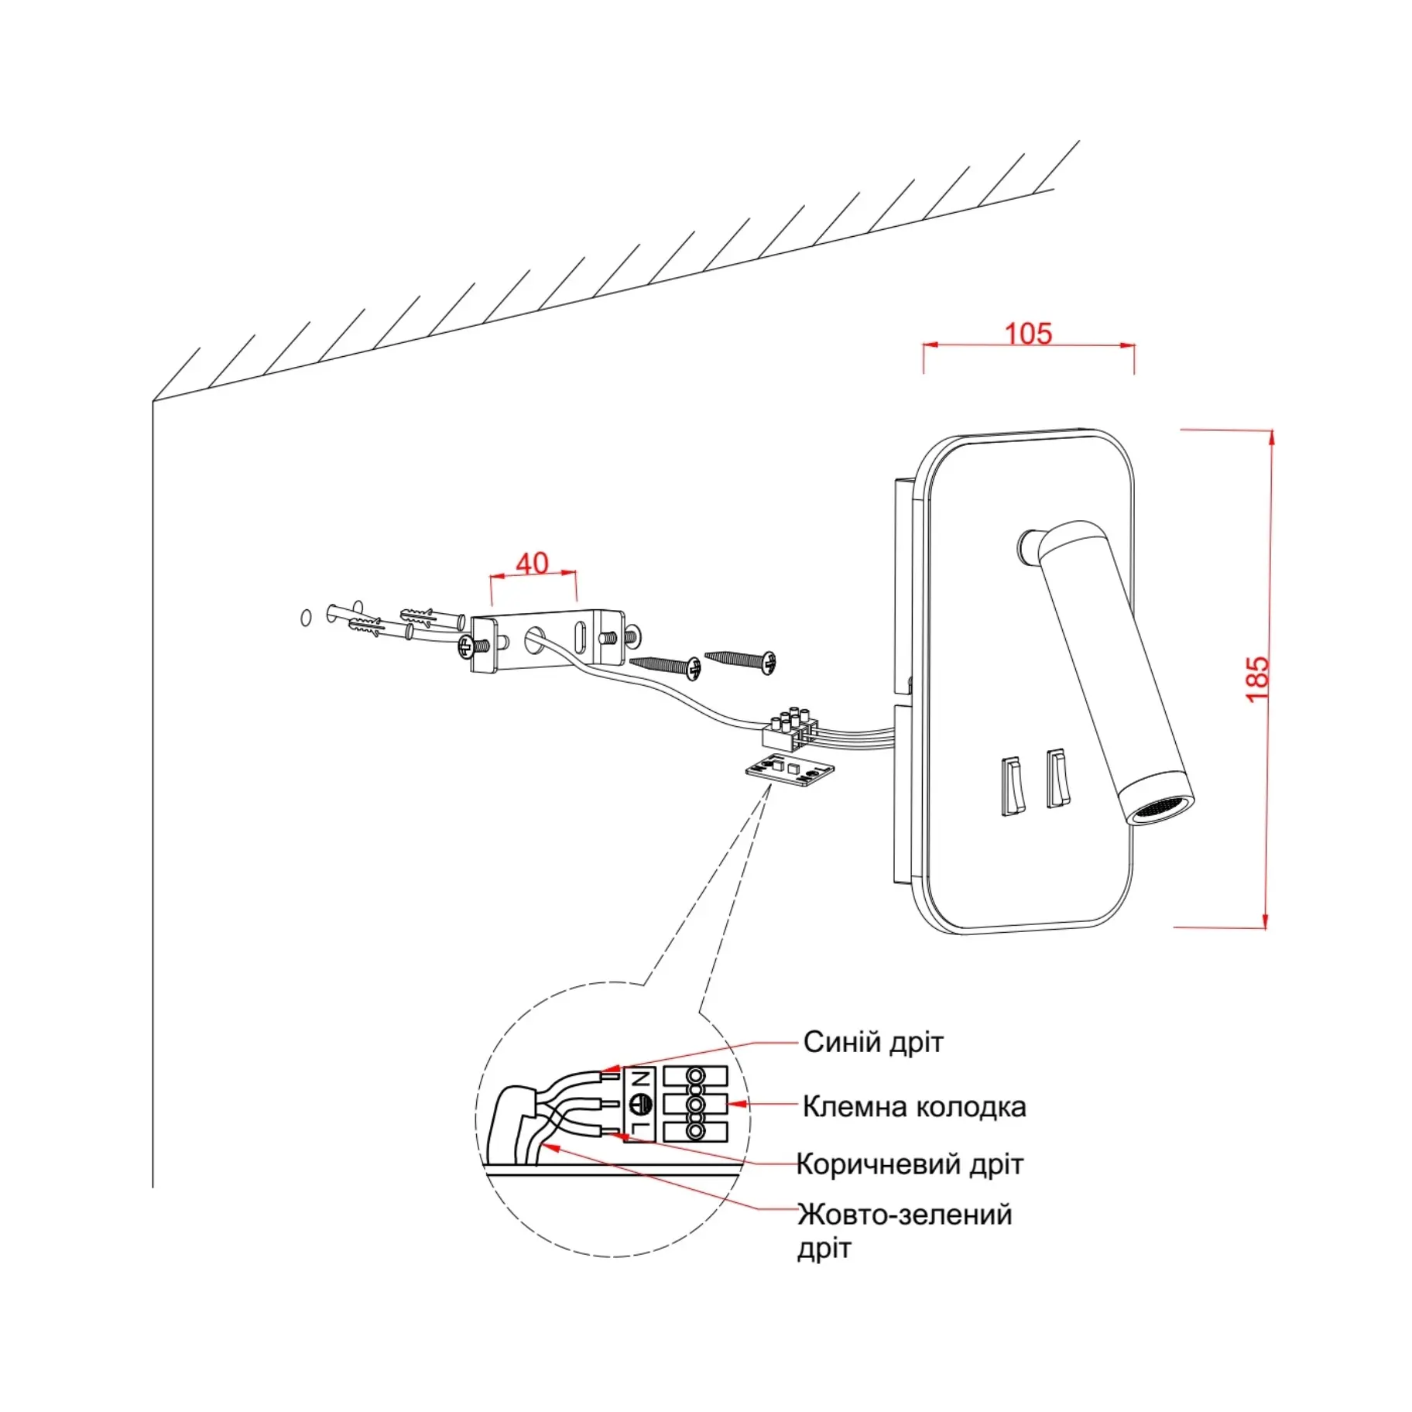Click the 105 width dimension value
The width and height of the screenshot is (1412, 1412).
click(x=1027, y=334)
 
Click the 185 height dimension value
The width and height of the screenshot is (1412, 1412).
click(x=1257, y=678)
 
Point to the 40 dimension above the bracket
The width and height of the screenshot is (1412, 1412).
click(x=532, y=563)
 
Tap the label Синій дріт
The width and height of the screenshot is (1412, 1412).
click(x=872, y=1042)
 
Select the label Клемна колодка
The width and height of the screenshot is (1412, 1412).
click(x=913, y=1106)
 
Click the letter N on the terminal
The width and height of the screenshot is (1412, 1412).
click(x=639, y=1078)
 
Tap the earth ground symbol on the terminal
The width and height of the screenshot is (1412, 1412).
click(x=639, y=1105)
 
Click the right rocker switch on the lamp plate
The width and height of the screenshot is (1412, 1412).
click(x=1057, y=777)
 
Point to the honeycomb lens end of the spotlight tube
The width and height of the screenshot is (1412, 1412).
click(x=1160, y=811)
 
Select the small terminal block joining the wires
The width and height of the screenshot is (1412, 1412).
click(x=790, y=730)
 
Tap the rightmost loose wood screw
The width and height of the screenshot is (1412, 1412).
click(x=741, y=660)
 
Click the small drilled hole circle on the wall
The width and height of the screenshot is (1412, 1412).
click(x=305, y=618)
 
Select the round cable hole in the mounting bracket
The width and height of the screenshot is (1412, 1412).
click(x=535, y=639)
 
